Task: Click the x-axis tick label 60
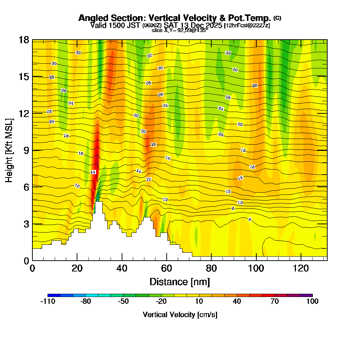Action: tap(167, 269)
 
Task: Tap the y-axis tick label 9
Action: tap(26, 150)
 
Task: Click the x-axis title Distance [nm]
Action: tap(180, 281)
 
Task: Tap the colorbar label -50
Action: tap(123, 302)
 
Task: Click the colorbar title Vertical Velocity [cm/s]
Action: tap(180, 315)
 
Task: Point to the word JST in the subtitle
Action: tap(134, 25)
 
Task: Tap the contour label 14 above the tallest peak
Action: tap(93, 172)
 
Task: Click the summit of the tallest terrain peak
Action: tap(98, 202)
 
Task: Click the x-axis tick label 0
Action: tap(32, 269)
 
